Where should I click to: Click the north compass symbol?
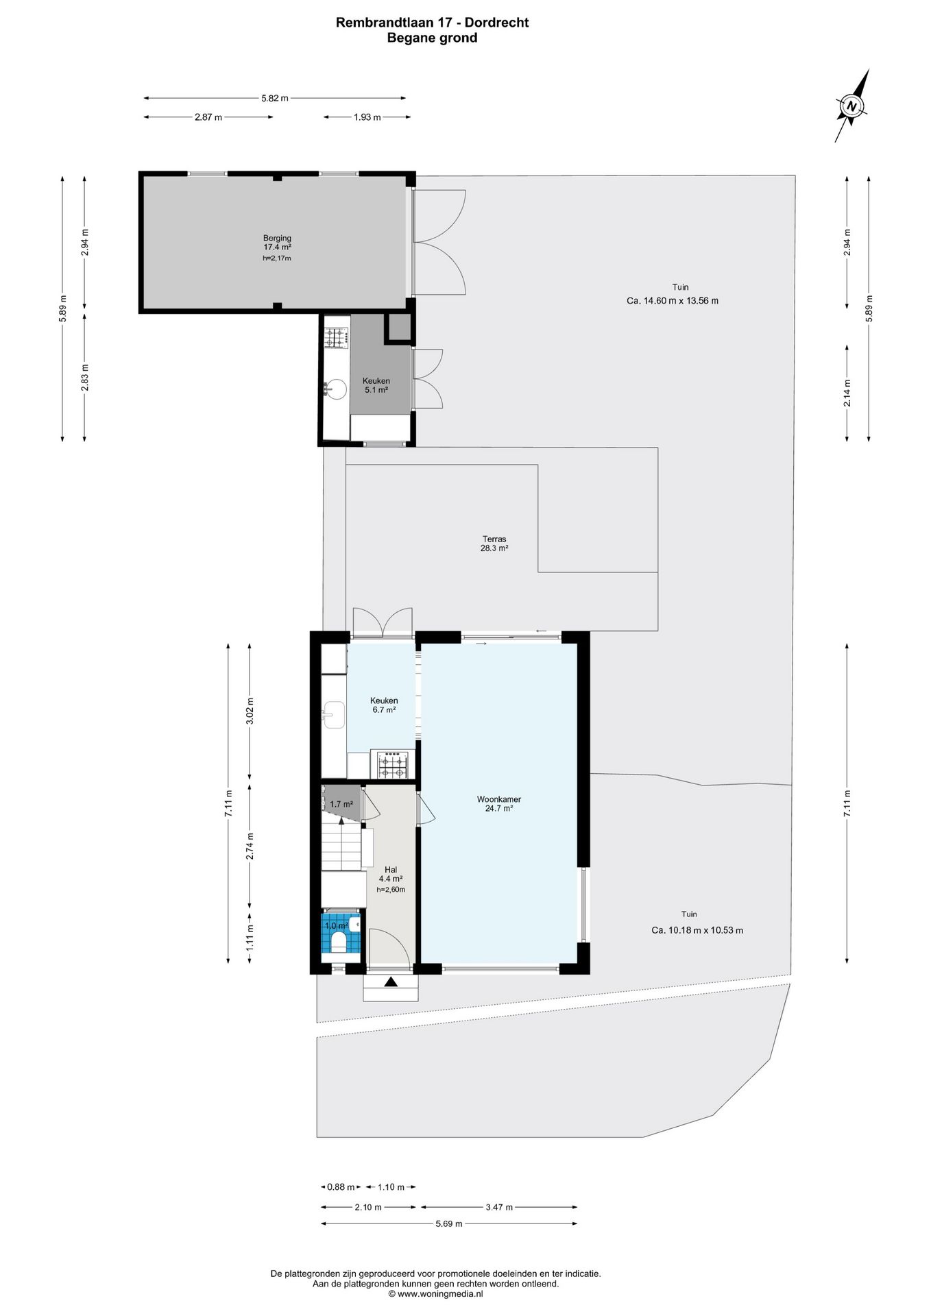(852, 106)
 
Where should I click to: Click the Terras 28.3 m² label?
(494, 544)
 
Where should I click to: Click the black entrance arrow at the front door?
(391, 982)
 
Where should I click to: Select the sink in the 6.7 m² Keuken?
(334, 716)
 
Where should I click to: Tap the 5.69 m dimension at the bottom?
(449, 1243)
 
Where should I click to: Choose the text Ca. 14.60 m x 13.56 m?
(673, 300)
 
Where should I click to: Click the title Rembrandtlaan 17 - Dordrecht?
(432, 23)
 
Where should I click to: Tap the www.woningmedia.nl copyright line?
(436, 1294)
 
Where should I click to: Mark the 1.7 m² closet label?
(341, 804)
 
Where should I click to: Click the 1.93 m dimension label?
(367, 117)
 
